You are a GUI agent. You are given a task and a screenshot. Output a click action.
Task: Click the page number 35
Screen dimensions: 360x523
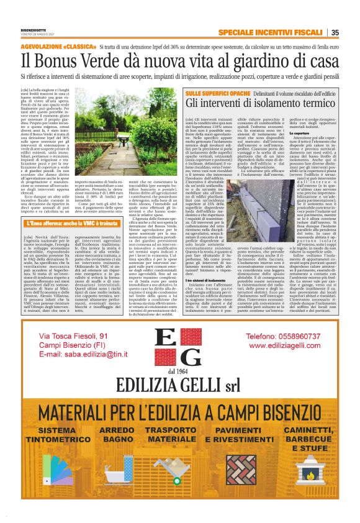(x=335, y=33)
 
